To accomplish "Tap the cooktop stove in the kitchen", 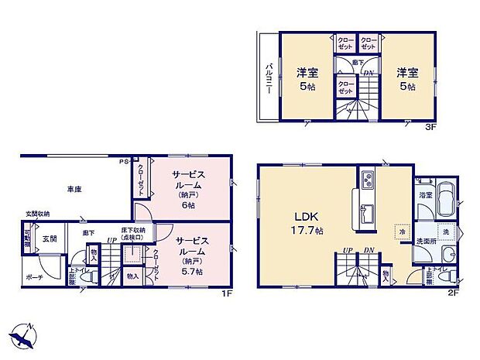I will coord(365,183).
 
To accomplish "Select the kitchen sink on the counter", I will coord(365,212).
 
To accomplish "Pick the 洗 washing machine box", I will coord(446,231).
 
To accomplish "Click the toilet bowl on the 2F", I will coord(444,276).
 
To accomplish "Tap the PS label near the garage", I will coord(122,162).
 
